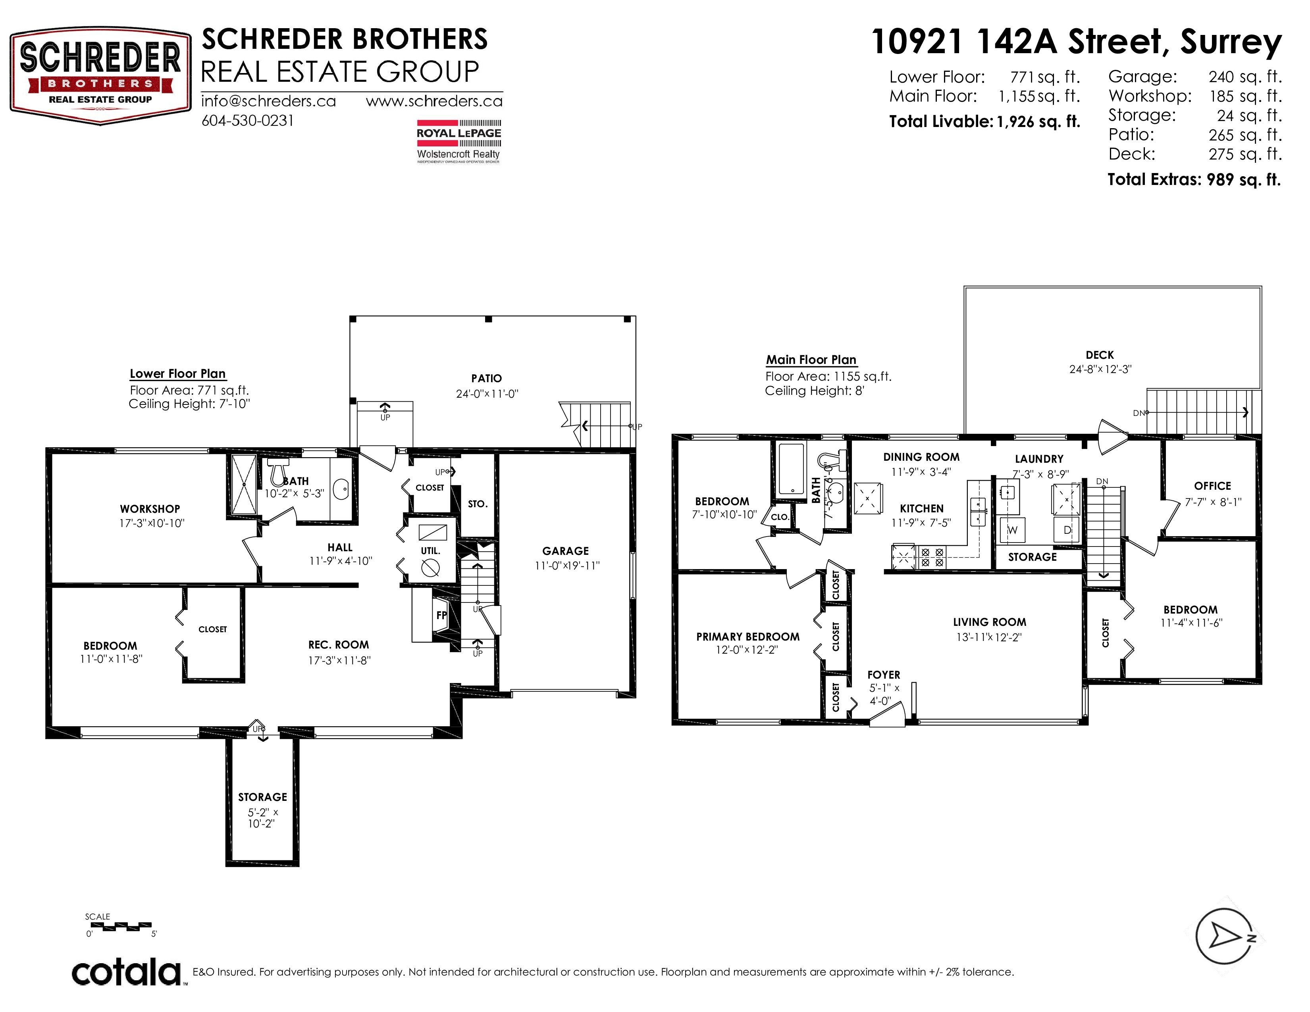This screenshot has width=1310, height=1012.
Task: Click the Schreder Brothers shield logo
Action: [x=100, y=75]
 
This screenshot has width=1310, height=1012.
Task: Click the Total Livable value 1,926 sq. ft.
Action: [x=1038, y=122]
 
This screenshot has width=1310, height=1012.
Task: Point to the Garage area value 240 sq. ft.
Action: [x=1245, y=77]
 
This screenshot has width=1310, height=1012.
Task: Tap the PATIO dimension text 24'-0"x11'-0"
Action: [x=486, y=394]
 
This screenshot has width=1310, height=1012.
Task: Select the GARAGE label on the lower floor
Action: [x=566, y=551]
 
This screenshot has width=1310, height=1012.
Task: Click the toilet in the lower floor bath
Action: [x=277, y=472]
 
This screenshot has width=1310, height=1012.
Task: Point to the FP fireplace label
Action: [x=441, y=615]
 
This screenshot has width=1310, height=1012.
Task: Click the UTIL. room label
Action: [x=431, y=551]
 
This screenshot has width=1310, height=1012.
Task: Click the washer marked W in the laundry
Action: [x=1013, y=529]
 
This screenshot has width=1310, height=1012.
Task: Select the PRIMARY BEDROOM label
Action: [x=748, y=637]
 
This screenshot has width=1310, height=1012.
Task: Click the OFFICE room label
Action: [x=1212, y=486]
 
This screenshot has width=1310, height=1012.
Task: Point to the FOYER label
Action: [x=884, y=675]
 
